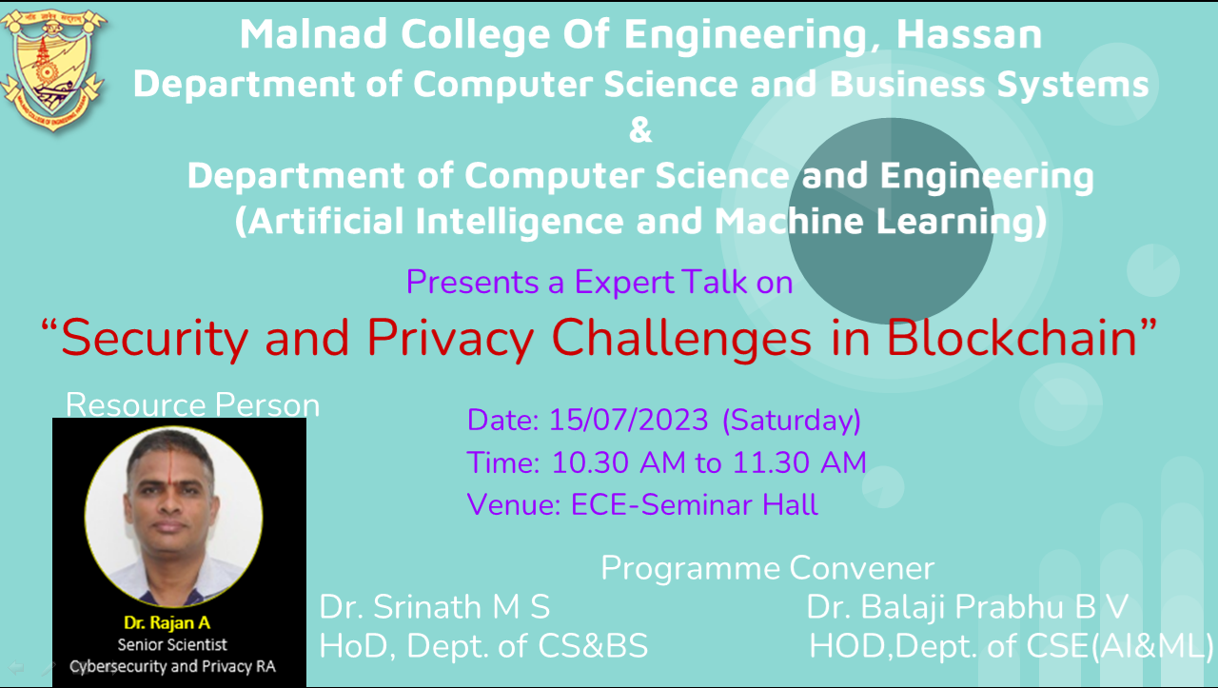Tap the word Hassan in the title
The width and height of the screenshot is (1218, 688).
(x=969, y=35)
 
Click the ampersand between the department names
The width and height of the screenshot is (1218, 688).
(x=640, y=130)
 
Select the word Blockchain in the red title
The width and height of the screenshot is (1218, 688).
(x=1012, y=338)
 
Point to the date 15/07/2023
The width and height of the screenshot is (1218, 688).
(x=629, y=420)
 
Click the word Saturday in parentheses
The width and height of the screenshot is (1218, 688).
(x=792, y=421)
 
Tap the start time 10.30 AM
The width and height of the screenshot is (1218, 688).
(x=619, y=462)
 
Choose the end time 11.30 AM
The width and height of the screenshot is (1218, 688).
(x=799, y=462)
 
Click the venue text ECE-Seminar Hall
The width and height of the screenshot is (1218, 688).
(x=695, y=504)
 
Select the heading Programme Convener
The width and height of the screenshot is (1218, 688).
(x=767, y=568)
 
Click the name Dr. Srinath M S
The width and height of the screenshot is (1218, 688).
(x=435, y=607)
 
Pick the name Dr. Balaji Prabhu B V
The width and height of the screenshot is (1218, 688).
(x=968, y=607)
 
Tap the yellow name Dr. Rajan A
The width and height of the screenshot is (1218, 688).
(x=167, y=622)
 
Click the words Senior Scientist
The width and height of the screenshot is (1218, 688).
(x=172, y=644)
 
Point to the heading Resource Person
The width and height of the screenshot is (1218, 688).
(x=192, y=404)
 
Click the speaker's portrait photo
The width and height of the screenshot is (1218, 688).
(x=173, y=517)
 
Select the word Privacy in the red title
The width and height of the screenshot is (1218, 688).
(x=451, y=339)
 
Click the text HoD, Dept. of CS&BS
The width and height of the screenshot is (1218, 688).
(x=483, y=646)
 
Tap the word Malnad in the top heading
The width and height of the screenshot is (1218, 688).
(x=314, y=34)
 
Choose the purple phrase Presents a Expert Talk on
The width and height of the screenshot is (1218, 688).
(x=599, y=283)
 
